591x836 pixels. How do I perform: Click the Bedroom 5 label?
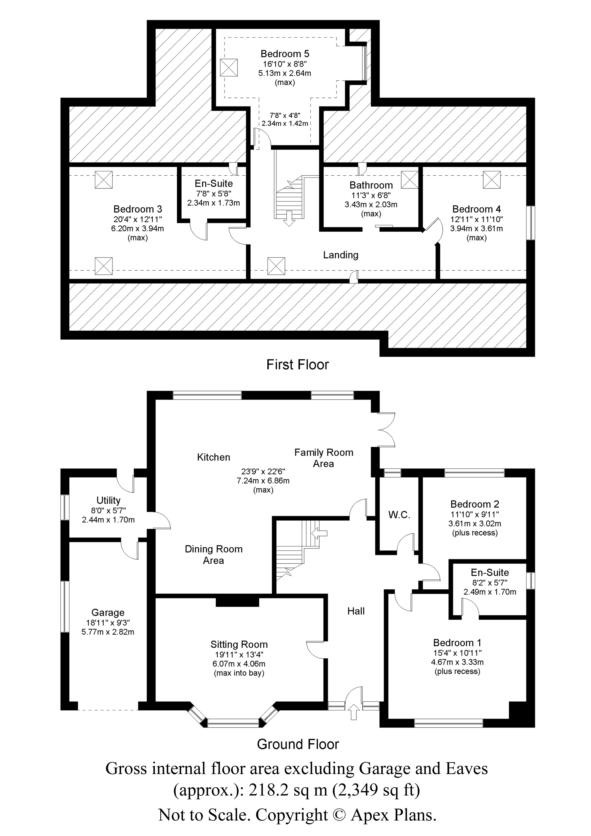point(285,54)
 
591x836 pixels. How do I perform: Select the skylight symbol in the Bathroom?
point(410,179)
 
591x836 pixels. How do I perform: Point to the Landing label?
point(341,255)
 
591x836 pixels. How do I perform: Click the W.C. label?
point(399,515)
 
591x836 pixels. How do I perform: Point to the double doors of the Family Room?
point(387,430)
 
